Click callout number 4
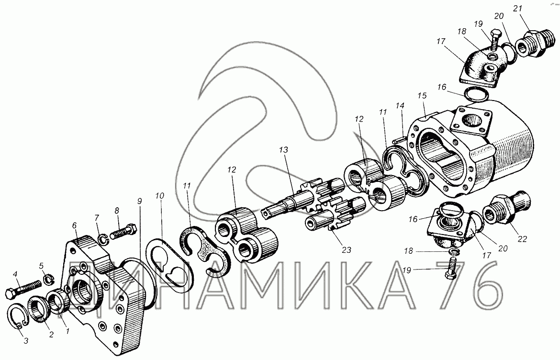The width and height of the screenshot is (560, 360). pos(15,274)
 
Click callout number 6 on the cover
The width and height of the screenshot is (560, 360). pos(74,225)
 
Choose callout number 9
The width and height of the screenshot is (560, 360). pos(139,202)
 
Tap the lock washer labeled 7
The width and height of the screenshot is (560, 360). pos(101,238)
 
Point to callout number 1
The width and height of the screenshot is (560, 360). pos(67,330)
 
